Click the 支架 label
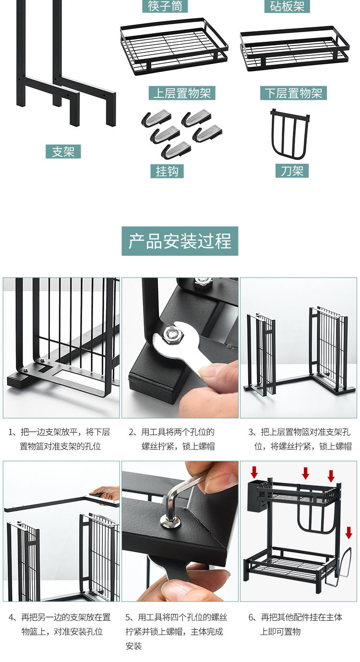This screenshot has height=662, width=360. tap(63, 152)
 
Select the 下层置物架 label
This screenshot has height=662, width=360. tap(293, 93)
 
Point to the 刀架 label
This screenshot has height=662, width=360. tap(292, 171)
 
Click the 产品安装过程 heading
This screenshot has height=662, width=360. tap(180, 241)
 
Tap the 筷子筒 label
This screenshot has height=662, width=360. tap(165, 6)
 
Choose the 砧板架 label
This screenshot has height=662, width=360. tap(287, 6)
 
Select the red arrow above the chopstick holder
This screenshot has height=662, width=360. tap(254, 473)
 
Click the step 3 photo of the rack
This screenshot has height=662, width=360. tap(298, 347)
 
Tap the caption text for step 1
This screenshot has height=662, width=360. tap(60, 439)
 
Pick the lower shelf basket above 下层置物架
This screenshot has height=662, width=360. tap(294, 48)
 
